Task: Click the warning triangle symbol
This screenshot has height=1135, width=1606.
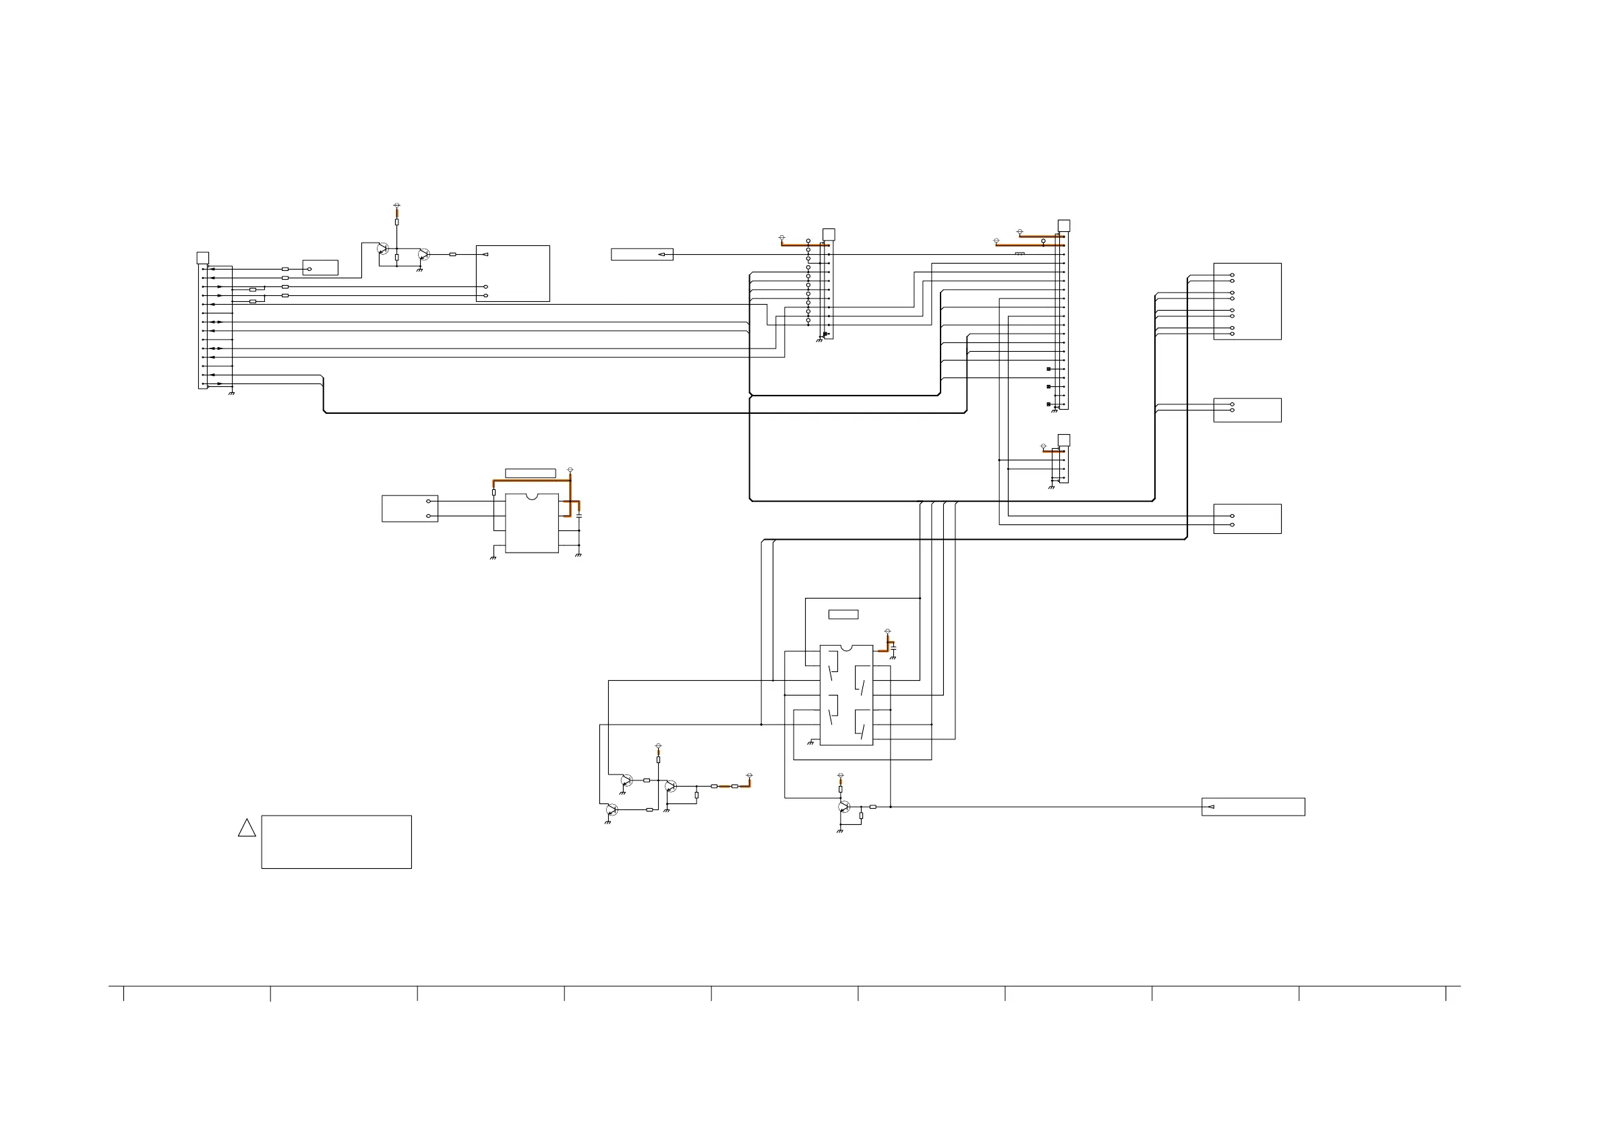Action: pos(247,829)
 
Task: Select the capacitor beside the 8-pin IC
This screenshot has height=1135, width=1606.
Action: pos(579,516)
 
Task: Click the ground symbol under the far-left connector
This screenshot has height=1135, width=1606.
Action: pos(231,394)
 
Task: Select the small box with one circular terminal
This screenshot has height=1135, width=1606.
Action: pos(320,268)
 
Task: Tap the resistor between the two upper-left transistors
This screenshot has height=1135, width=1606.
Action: pos(396,257)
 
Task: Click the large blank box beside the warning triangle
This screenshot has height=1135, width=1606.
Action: pos(336,842)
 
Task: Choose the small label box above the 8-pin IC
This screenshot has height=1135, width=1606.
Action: pos(530,473)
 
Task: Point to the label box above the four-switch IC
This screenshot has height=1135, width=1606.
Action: pos(843,615)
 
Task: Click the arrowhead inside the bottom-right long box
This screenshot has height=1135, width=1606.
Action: pos(1211,807)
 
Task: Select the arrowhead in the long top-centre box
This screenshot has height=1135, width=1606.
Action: pos(661,255)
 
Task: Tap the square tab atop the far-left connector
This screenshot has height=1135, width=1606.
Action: pos(203,258)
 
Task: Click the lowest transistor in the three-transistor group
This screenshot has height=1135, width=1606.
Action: pos(613,810)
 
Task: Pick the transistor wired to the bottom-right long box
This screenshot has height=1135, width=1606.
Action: pos(844,807)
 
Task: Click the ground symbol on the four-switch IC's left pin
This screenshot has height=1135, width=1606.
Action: pos(810,743)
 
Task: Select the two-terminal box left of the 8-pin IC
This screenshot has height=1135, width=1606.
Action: pos(410,508)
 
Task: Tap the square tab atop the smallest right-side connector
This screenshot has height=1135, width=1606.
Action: pos(1064,440)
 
